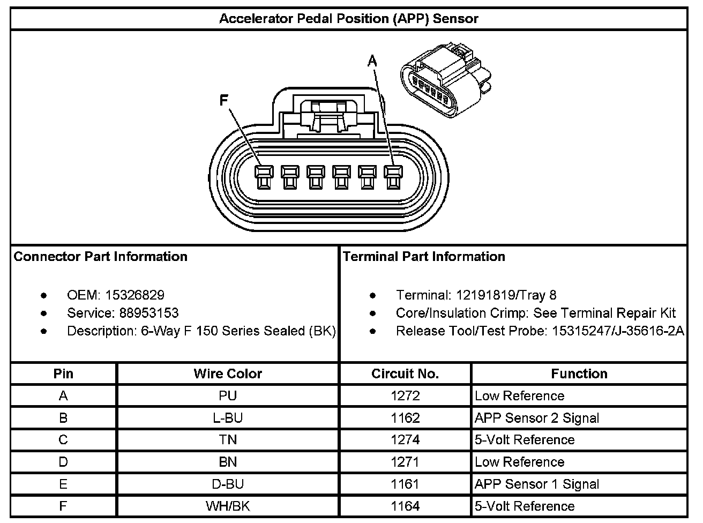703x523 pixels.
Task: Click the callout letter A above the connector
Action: coord(372,62)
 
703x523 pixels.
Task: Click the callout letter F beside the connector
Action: coord(224,101)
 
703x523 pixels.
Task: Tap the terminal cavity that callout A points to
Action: coord(393,177)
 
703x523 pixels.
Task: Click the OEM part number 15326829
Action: coord(134,295)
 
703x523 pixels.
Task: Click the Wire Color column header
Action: coord(228,373)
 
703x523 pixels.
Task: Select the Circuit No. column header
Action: coord(405,373)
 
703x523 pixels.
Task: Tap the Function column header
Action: coord(579,373)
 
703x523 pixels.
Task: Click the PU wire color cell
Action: coord(228,396)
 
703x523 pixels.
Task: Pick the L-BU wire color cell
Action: coord(228,418)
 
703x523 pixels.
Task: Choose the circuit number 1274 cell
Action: coord(405,440)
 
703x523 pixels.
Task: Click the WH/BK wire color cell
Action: coord(228,506)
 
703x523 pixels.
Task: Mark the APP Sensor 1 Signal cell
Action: coord(537,484)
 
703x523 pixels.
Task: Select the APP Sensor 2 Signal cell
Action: coord(537,418)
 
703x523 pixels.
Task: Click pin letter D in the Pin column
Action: coord(63,462)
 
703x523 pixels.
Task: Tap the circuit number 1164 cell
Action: coord(405,506)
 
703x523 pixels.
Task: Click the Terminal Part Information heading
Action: coord(424,257)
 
